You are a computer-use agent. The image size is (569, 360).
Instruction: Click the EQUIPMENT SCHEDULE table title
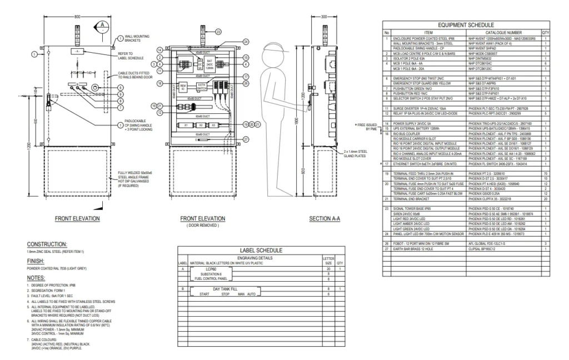tap(466, 25)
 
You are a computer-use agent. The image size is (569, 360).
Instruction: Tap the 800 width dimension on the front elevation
tap(77, 17)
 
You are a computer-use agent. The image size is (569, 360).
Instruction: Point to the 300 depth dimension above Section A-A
tap(325, 17)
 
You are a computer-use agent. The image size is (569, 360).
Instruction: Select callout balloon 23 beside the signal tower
tap(218, 32)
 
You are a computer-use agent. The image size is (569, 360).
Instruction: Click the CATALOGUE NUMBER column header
tap(503, 33)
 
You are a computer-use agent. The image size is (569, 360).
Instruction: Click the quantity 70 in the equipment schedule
tap(546, 173)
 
